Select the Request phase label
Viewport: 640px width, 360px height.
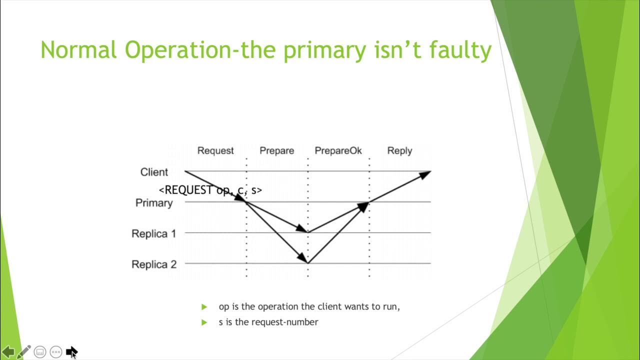click(x=215, y=150)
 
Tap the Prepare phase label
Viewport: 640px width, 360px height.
click(x=276, y=150)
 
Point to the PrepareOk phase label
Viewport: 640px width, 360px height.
click(x=338, y=150)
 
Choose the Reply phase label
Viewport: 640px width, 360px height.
click(x=399, y=150)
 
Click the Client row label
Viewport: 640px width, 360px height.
click(x=154, y=172)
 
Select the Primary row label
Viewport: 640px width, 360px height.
click(x=154, y=203)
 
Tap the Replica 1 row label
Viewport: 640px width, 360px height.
click(x=154, y=233)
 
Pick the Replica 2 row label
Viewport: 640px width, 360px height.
click(x=154, y=264)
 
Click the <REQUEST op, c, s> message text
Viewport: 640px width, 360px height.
click(x=210, y=190)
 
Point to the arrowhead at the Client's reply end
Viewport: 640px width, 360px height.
click(x=425, y=174)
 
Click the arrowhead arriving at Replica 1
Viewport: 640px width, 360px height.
click(x=302, y=229)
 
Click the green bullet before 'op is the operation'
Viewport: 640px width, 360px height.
click(x=204, y=307)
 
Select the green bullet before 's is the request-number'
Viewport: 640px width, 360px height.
click(x=204, y=322)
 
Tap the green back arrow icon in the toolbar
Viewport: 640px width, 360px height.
click(x=8, y=352)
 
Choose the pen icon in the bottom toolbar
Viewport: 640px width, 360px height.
click(x=24, y=352)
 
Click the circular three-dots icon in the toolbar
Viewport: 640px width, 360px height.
click(x=56, y=352)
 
